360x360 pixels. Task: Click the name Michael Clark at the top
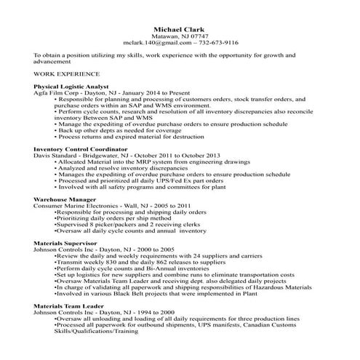[x=180, y=28]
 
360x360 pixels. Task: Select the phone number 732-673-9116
[x=217, y=42]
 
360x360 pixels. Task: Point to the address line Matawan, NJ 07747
[x=179, y=36]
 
